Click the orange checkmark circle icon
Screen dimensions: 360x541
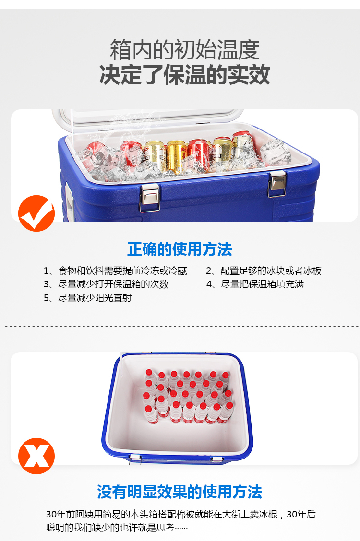(36, 213)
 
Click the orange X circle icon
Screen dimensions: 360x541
(36, 456)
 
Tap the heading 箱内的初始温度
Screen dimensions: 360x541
(185, 50)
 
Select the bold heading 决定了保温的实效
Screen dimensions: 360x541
(185, 74)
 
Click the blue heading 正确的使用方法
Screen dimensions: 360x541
(180, 249)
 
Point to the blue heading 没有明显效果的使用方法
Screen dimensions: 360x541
(180, 492)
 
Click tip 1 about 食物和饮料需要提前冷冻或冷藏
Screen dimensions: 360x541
(115, 271)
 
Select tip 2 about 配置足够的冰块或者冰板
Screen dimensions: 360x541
(264, 271)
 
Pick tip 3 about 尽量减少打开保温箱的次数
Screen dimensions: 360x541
(106, 284)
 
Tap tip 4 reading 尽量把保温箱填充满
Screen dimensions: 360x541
(255, 284)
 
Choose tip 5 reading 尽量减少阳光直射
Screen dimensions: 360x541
(88, 298)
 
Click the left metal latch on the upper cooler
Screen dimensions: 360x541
(150, 197)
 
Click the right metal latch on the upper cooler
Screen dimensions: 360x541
(277, 184)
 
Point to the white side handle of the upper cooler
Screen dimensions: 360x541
(70, 202)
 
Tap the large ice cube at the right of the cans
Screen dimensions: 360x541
(276, 152)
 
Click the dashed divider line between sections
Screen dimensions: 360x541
(182, 326)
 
